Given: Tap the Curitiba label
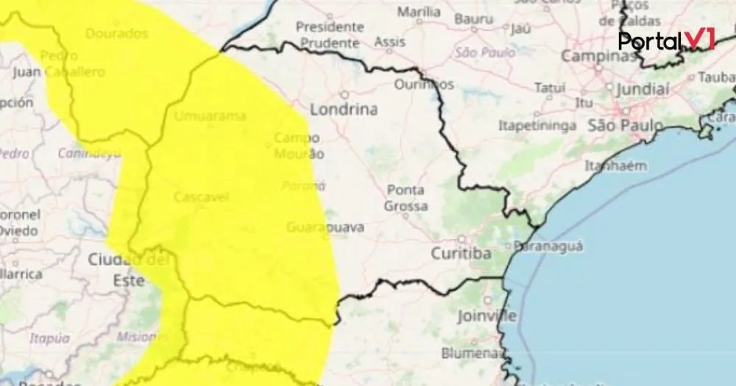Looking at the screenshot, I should (461, 254).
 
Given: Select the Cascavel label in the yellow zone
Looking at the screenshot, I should (201, 197).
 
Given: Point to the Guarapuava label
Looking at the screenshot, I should (325, 227).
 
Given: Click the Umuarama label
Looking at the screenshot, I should (210, 116).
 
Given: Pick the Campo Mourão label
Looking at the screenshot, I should (298, 146).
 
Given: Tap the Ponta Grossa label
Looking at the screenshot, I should (405, 199).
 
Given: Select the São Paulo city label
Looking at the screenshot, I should (625, 126).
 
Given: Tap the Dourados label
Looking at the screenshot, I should (116, 34).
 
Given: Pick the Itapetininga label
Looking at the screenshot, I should (537, 126).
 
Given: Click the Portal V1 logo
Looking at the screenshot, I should (666, 40).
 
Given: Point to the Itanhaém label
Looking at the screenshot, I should (615, 165).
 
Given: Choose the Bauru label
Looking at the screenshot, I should (473, 18).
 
